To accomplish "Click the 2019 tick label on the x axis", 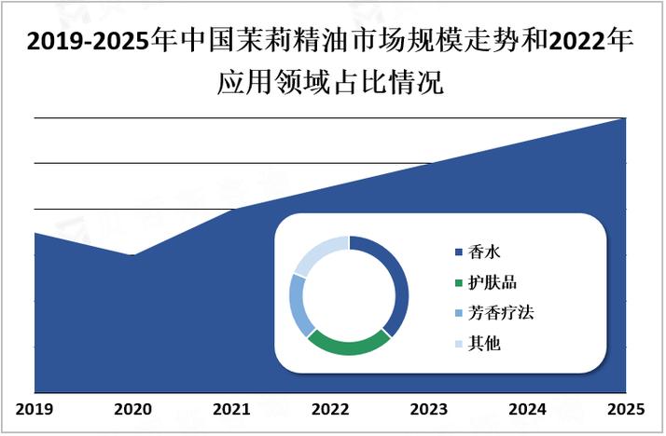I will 35,408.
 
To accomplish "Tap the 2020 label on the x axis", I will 132,408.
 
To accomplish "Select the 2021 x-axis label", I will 231,408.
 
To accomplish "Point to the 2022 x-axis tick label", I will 330,408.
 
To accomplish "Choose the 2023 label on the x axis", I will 428,408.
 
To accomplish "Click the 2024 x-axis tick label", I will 527,408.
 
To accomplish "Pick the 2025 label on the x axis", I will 625,408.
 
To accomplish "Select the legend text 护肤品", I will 493,282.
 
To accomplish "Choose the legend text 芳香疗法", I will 500,313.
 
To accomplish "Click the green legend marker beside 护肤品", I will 458,283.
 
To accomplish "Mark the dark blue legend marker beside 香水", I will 458,252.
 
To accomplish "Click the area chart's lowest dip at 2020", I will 132,254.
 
